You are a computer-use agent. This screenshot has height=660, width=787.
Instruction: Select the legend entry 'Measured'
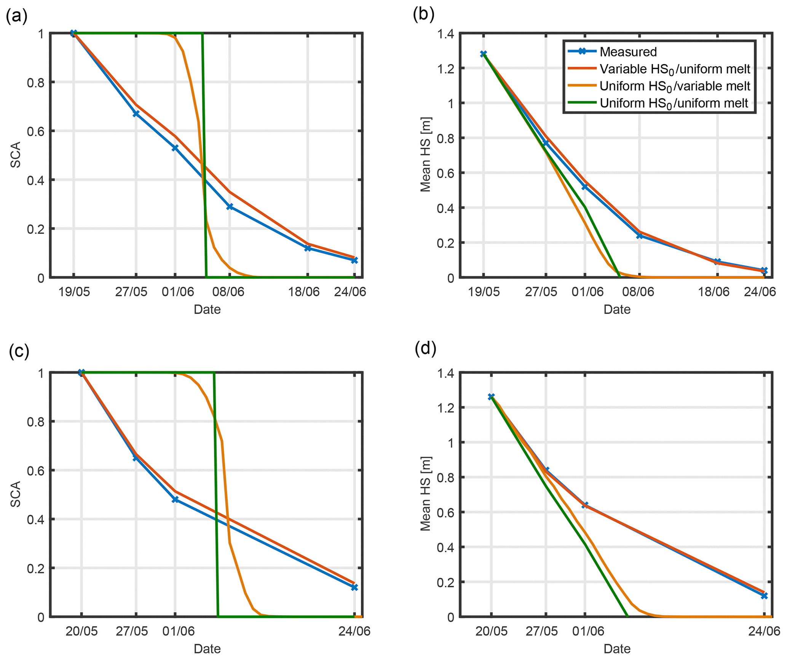click(628, 52)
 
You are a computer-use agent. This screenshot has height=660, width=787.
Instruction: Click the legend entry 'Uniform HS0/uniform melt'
click(674, 104)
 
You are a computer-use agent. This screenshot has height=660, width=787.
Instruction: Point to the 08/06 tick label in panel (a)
click(228, 292)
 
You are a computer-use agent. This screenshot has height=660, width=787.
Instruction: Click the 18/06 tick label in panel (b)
click(714, 292)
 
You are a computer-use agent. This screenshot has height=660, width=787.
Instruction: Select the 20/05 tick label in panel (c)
click(81, 631)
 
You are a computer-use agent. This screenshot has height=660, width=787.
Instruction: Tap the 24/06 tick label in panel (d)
click(764, 631)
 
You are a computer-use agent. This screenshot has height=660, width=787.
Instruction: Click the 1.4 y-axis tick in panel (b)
click(445, 34)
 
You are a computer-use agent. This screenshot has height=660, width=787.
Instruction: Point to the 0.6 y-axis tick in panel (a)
click(35, 131)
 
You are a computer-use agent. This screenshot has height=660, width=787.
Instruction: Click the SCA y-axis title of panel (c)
click(16, 494)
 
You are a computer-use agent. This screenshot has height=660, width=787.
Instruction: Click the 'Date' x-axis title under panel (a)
click(207, 309)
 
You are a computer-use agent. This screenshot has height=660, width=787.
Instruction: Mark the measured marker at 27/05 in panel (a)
click(136, 114)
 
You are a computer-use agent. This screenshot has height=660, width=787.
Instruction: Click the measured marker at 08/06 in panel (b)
click(640, 236)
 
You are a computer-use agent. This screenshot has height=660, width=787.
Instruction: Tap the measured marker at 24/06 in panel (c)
click(354, 587)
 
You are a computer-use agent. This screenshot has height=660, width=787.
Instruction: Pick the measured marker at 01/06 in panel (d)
click(585, 505)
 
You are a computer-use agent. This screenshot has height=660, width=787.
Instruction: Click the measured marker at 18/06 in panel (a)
click(308, 248)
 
